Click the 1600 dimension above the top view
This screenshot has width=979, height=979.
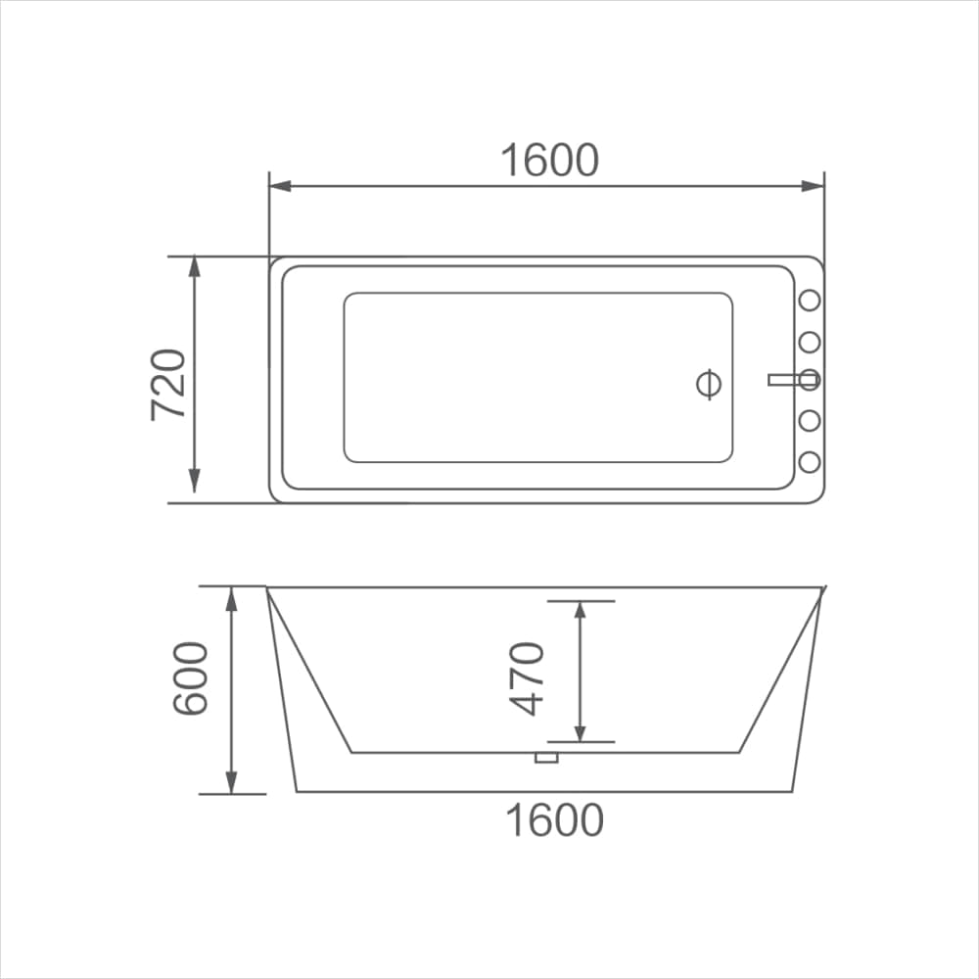549,161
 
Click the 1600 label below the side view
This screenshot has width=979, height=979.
554,820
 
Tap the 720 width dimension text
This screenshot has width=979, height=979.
169,384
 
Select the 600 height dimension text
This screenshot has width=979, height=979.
191,678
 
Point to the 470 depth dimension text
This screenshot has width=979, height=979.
528,678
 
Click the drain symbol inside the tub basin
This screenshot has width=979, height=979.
709,384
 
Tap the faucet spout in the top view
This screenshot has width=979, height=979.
785,379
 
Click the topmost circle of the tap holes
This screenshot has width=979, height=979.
810,302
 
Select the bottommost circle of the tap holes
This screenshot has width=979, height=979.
810,461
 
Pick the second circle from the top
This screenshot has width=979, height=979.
810,342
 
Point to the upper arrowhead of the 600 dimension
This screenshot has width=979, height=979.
232,597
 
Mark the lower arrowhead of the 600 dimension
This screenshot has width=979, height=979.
232,782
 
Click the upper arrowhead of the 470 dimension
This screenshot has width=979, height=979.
580,611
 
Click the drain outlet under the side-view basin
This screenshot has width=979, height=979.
545,757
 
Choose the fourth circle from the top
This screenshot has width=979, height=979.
810,421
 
